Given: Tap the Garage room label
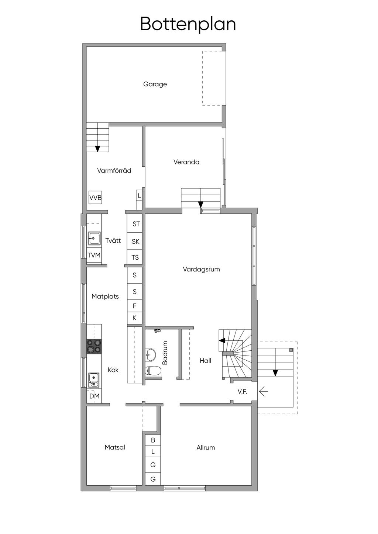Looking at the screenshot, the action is tap(155, 84).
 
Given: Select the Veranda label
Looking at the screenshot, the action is tap(186, 162).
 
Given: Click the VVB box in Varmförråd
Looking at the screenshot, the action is tap(95, 197).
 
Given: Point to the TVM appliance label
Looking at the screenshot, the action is tap(94, 255).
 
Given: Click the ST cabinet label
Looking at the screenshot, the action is tap(136, 224).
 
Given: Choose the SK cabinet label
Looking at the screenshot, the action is tap(135, 242).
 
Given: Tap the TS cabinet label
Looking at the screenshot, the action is tap(135, 257).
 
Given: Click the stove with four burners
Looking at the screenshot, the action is tap(94, 346).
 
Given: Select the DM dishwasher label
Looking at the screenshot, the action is tap(94, 396).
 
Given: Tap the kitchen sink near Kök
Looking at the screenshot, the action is tap(93, 379).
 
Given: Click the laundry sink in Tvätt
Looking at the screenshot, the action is tap(94, 238).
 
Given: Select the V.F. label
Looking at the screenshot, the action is tap(243, 391).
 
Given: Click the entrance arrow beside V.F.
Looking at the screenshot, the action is tap(264, 391).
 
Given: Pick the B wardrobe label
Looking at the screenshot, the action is tap(153, 440).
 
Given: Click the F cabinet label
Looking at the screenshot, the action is tap(134, 306).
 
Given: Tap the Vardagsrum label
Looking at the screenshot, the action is tap(202, 269).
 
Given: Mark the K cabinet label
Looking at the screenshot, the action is tap(134, 318).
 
